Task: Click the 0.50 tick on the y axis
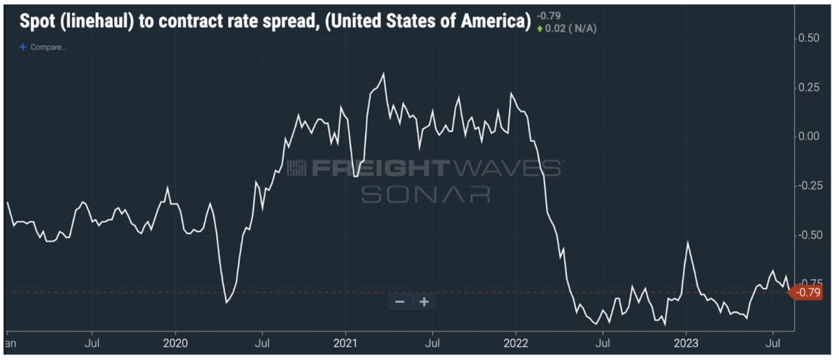tap(808, 38)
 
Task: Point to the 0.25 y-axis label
tap(808, 87)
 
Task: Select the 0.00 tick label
tap(808, 136)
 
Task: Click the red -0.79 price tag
tap(808, 292)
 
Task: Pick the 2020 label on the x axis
tap(175, 343)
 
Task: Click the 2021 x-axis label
tap(345, 343)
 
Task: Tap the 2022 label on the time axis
tap(515, 343)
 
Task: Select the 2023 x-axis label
tap(686, 343)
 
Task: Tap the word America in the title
tap(494, 21)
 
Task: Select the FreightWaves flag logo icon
tap(296, 168)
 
